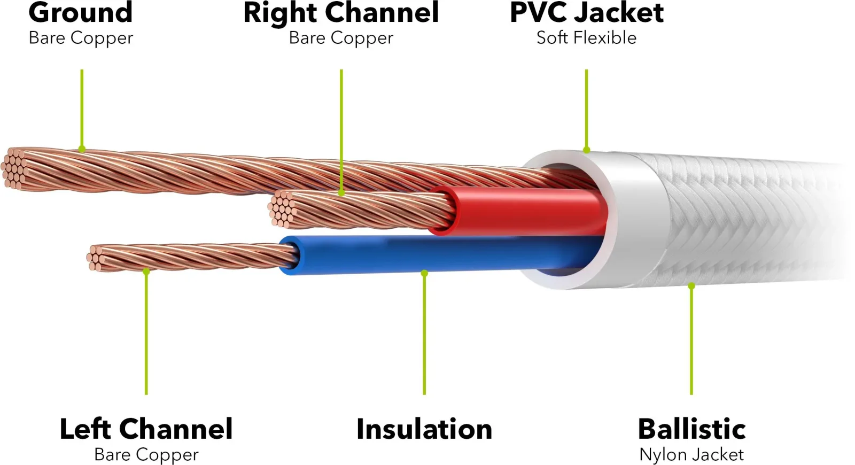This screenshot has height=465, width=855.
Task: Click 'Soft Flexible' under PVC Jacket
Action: tap(586, 38)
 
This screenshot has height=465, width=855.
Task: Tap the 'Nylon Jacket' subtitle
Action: tap(691, 455)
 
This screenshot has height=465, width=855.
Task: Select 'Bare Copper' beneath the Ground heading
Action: tap(81, 38)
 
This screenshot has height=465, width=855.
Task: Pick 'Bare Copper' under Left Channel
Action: tap(146, 455)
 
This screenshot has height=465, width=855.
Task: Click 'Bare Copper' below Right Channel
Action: tap(341, 38)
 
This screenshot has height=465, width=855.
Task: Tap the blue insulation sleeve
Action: tap(439, 254)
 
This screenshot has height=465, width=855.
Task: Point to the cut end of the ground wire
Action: tap(14, 168)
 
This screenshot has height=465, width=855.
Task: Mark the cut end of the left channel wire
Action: tap(96, 258)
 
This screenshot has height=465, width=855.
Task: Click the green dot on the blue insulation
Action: tap(424, 273)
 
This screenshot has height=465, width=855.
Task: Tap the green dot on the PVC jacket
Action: tap(587, 150)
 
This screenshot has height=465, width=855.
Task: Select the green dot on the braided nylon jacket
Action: tap(691, 285)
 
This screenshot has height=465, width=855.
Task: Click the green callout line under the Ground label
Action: tap(82, 109)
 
